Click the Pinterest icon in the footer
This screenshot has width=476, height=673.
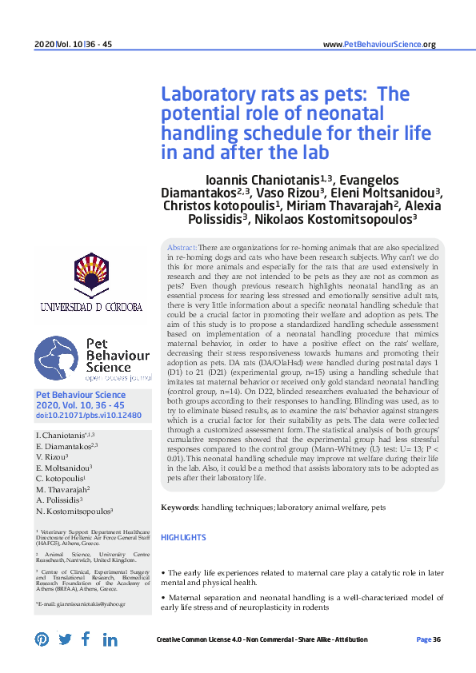pyautogui.click(x=42, y=639)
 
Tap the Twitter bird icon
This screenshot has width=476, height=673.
pyautogui.click(x=65, y=639)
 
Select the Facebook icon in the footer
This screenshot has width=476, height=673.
pyautogui.click(x=86, y=639)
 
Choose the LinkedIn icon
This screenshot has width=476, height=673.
pyautogui.click(x=110, y=639)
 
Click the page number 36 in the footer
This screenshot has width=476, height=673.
pyautogui.click(x=437, y=639)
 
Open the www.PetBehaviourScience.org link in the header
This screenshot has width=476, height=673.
pyautogui.click(x=378, y=45)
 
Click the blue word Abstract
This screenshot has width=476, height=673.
pyautogui.click(x=181, y=249)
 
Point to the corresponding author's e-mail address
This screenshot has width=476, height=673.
pyautogui.click(x=80, y=606)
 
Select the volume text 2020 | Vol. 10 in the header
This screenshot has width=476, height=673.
pyautogui.click(x=53, y=45)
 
